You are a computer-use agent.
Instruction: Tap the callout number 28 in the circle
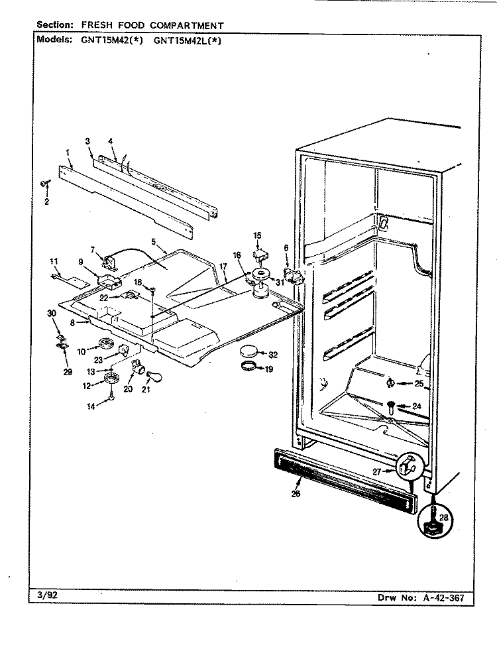point(443,517)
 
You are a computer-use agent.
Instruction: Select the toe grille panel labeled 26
point(345,481)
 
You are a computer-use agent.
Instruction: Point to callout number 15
point(257,235)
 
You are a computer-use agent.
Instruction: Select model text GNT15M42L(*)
point(187,40)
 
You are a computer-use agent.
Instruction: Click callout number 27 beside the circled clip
point(376,471)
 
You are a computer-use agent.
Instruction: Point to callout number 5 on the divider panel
point(154,241)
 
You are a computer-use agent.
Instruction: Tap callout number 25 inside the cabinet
point(419,383)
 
